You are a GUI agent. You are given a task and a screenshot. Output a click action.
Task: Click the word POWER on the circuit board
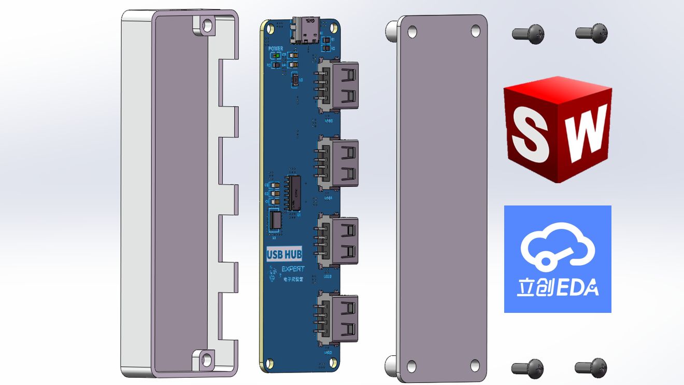[276, 48]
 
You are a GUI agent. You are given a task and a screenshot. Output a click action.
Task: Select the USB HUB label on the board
[284, 254]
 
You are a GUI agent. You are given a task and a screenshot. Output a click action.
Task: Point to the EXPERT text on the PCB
[293, 269]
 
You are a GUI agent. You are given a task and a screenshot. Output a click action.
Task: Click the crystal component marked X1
[275, 220]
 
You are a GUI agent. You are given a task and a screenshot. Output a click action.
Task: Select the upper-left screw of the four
[528, 34]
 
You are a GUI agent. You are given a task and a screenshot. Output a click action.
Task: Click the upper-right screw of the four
[591, 33]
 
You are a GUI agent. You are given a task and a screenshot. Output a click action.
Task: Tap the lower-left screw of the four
[528, 368]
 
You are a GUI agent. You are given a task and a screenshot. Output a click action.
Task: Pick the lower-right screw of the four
[591, 367]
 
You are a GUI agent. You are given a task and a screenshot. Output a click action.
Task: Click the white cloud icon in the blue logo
[557, 247]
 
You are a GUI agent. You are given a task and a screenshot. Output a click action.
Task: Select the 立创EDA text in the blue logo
[557, 287]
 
